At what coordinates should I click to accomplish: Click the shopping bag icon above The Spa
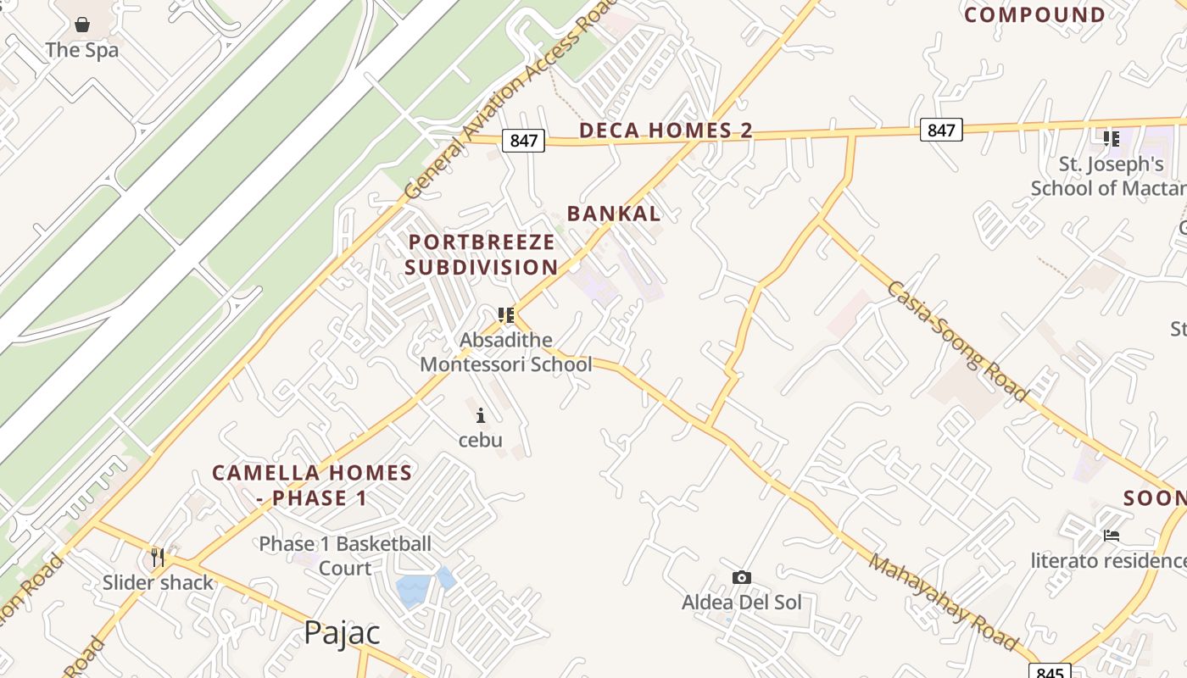click(82, 25)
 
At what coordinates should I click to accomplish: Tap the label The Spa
click(82, 50)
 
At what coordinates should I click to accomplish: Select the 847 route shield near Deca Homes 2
click(523, 140)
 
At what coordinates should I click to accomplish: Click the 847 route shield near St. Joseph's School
click(941, 130)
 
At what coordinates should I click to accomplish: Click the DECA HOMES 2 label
click(666, 131)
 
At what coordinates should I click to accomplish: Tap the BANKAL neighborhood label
click(614, 214)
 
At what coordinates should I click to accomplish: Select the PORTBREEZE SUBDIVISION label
click(482, 254)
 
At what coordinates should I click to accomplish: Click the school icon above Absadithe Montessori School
click(506, 315)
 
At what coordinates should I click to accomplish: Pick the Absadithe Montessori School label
click(506, 353)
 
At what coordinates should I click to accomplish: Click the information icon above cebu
click(481, 415)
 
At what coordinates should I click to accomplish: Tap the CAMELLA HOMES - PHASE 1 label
click(312, 485)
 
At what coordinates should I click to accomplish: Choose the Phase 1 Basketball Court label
click(345, 555)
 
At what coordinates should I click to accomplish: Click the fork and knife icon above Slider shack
click(158, 557)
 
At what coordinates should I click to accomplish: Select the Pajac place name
click(342, 632)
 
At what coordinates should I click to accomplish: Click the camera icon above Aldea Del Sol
click(742, 578)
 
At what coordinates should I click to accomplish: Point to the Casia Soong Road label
click(958, 341)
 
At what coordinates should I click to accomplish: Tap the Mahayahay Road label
click(943, 603)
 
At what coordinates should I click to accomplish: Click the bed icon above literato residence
click(1112, 536)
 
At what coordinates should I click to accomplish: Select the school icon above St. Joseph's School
click(1111, 138)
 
